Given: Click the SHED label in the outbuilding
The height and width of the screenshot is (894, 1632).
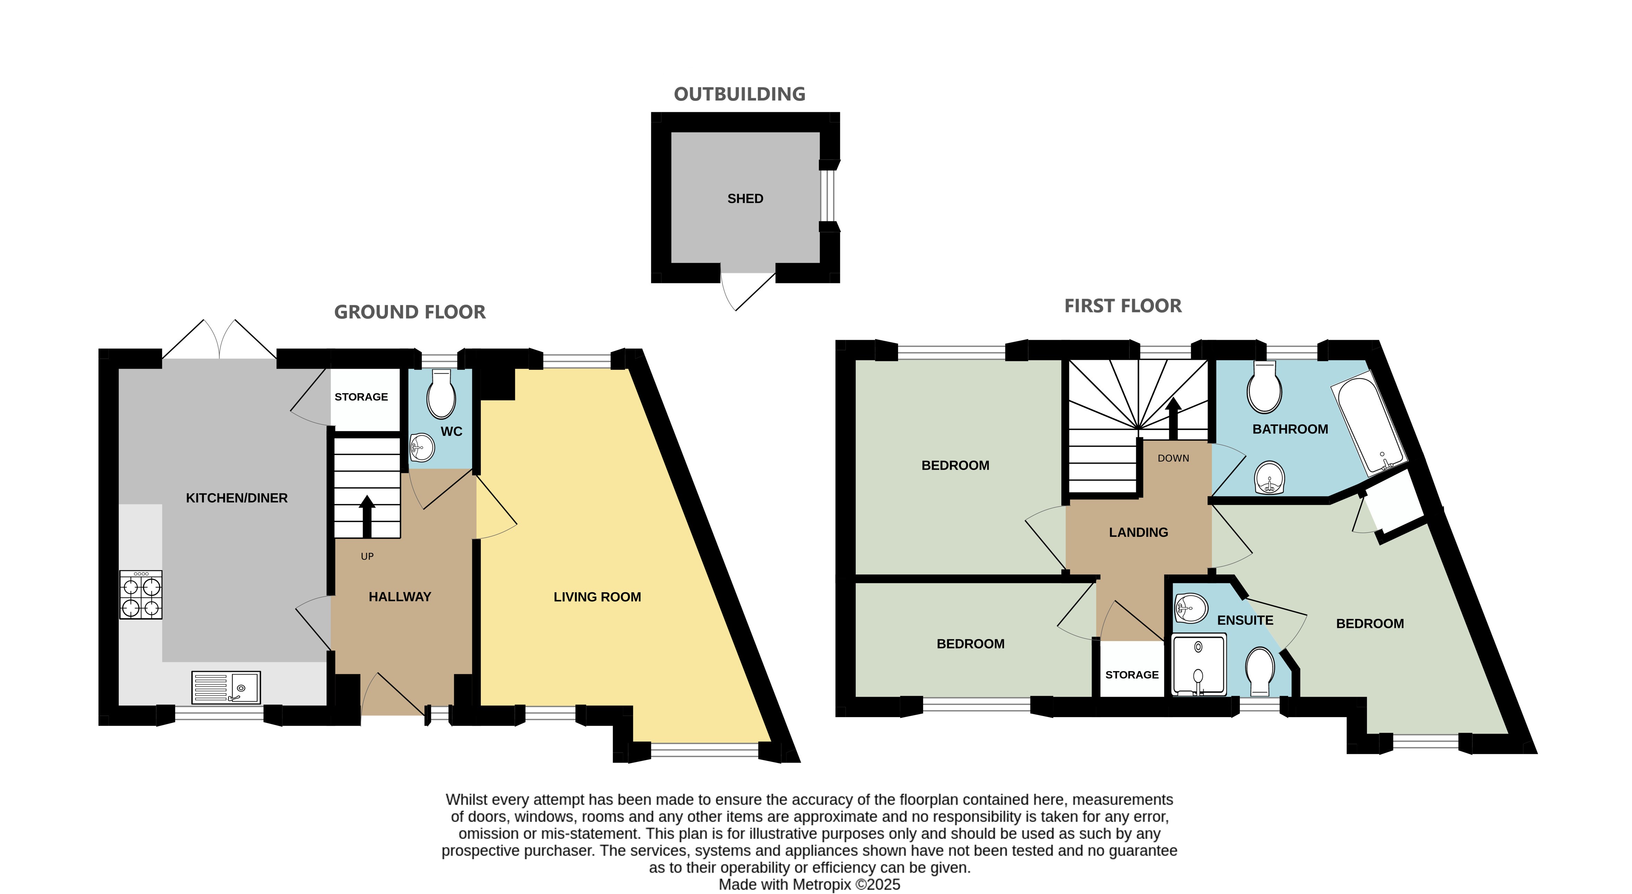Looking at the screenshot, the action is coord(745,198).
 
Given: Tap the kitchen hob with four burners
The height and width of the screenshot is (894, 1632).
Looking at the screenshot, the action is coord(141,594).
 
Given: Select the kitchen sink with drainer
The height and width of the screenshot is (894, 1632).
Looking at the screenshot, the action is coord(226,687).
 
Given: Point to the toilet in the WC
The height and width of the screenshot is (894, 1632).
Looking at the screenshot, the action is coord(441,394).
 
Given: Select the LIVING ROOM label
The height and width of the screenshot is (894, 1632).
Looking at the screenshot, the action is coord(597,597).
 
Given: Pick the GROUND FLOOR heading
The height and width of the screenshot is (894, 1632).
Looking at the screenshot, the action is coord(409,312).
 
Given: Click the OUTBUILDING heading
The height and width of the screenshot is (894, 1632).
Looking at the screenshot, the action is coord(739,94).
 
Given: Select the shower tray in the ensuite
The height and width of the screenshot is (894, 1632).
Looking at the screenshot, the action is coord(1199,664).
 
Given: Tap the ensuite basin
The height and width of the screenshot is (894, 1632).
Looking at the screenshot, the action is coord(1191,608).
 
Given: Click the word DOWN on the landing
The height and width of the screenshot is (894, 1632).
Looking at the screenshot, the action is coord(1173,458).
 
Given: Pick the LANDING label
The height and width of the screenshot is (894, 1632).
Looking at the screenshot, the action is coord(1138,532).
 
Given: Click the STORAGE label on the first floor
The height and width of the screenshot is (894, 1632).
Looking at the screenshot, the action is coord(1132,675).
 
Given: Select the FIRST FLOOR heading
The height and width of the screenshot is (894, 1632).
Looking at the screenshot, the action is coord(1123,306).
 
